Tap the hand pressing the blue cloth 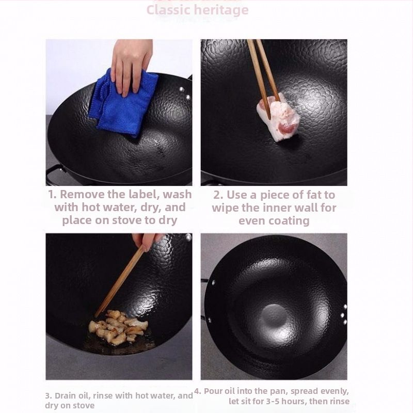[132, 66]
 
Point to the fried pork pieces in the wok [119, 327]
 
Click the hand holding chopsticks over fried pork [148, 241]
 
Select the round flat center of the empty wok [274, 316]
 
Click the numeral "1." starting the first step [53, 195]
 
